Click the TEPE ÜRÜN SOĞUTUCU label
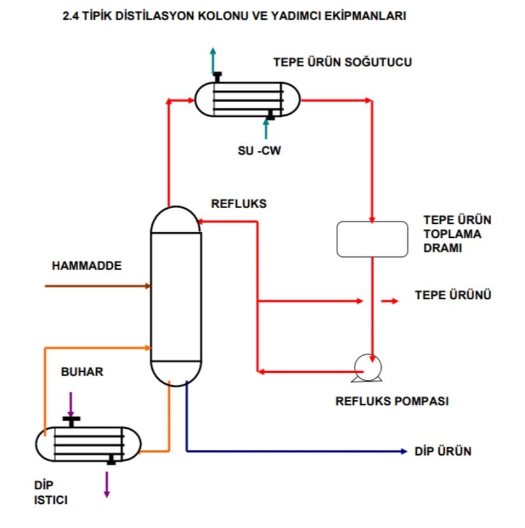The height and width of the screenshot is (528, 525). (x=342, y=62)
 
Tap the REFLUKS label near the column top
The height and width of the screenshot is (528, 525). (x=239, y=204)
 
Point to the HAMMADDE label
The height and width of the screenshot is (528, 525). (x=87, y=266)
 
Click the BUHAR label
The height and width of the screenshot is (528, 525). (x=81, y=372)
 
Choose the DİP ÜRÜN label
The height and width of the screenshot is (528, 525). (x=443, y=451)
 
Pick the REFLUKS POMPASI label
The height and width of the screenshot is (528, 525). (x=392, y=401)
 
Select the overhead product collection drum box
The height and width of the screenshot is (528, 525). (x=372, y=239)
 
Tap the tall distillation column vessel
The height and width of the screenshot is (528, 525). (x=176, y=296)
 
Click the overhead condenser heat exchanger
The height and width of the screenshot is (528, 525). (x=248, y=99)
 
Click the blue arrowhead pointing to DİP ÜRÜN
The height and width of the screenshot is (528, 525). (x=403, y=452)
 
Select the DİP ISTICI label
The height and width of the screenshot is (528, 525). (x=46, y=493)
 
